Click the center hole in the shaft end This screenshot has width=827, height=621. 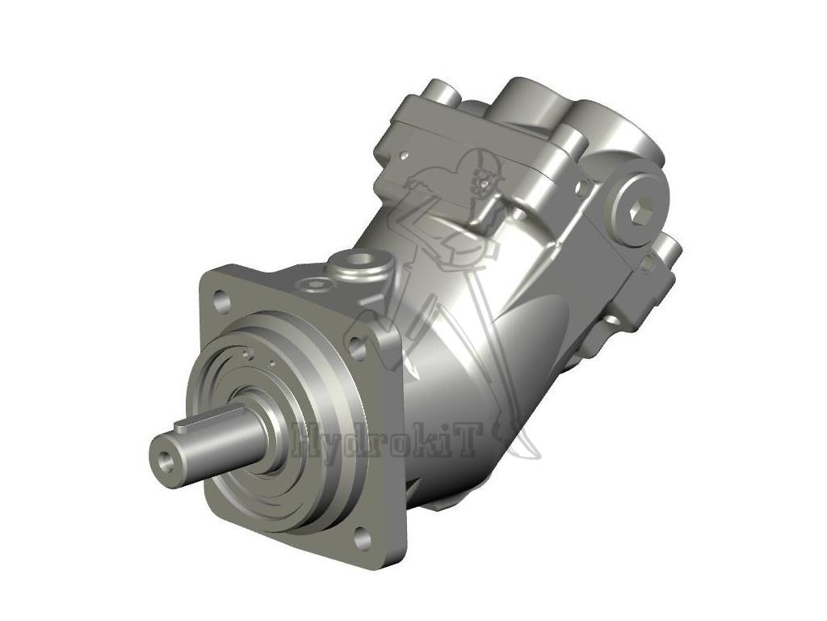pos(166,460)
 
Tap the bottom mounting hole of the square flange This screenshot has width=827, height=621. pos(363,538)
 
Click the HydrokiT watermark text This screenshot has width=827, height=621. pos(388,441)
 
